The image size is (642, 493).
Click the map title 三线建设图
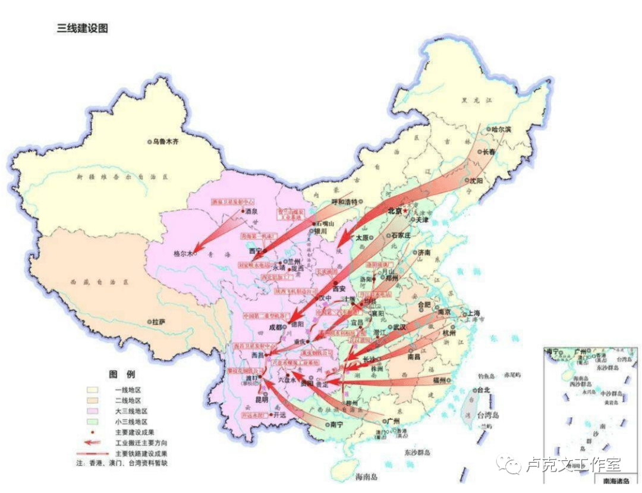coord(81,28)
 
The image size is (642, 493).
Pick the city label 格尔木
coord(182,253)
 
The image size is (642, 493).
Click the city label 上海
coord(473,313)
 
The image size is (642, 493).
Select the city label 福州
coord(440,379)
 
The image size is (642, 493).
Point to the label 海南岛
coord(367,477)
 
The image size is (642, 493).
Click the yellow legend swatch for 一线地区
coord(93,390)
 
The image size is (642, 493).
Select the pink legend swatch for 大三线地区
coord(93,411)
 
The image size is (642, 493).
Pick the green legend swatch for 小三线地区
coord(93,422)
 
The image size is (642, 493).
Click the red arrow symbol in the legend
coord(92,442)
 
